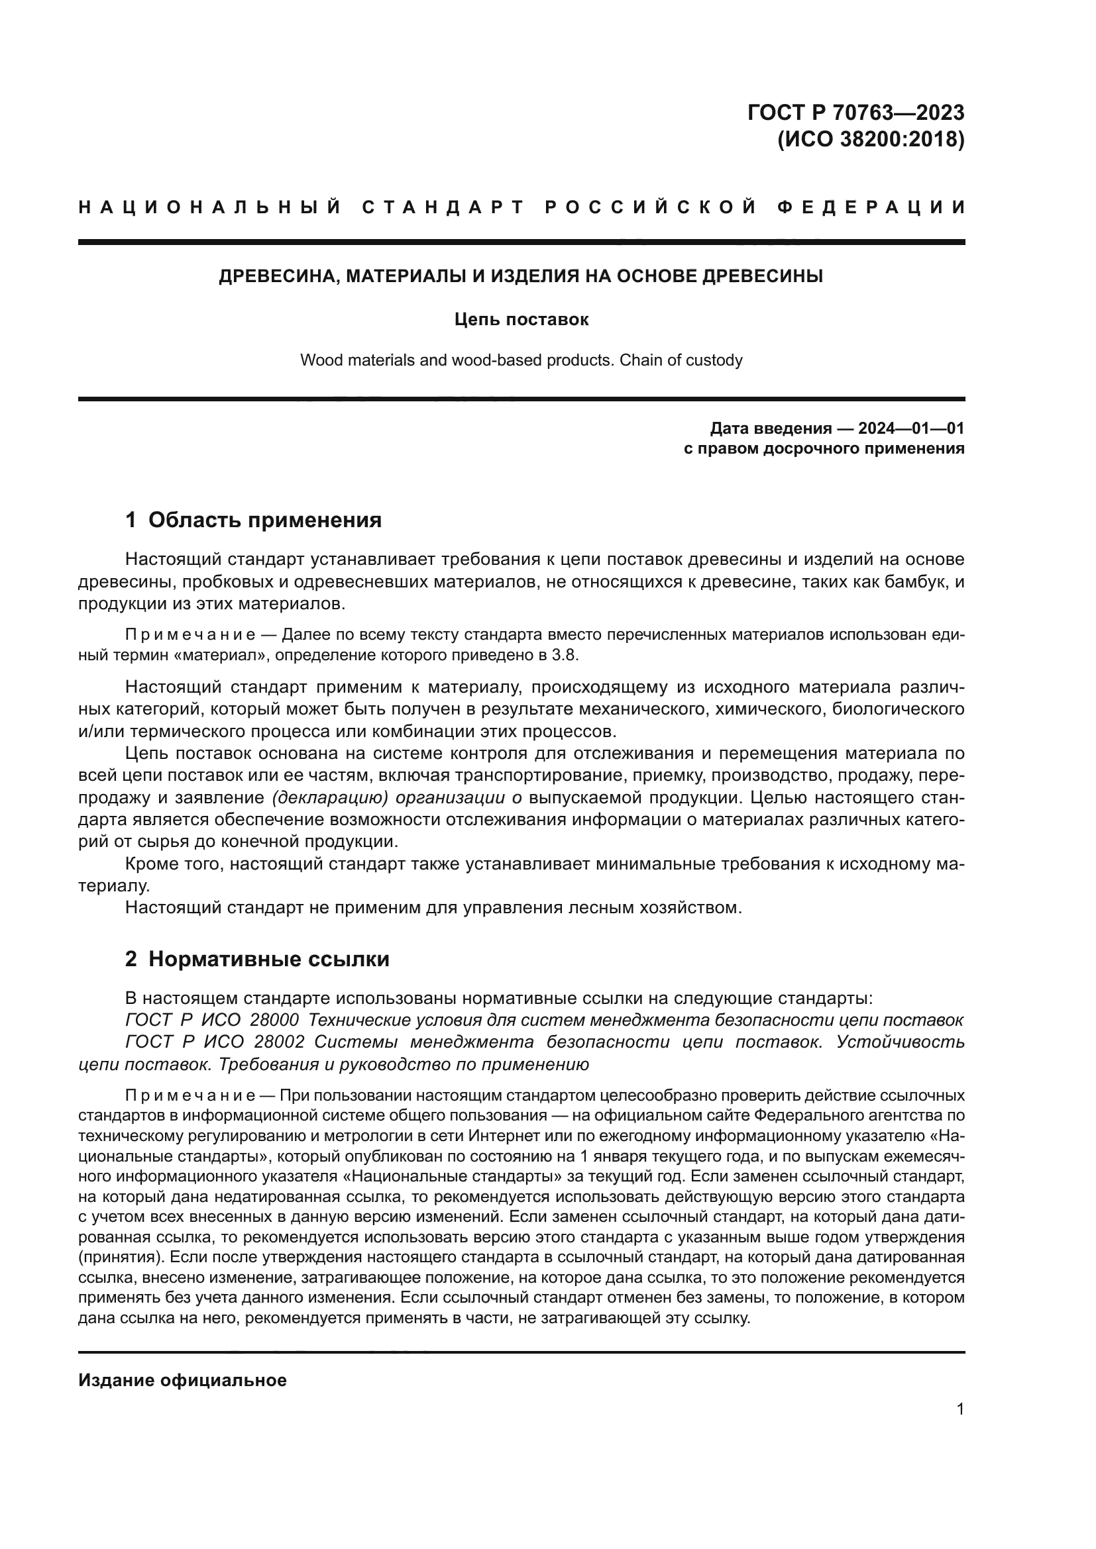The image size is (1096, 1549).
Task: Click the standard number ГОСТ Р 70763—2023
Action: point(855,112)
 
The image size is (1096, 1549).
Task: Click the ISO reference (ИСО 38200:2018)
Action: point(870,140)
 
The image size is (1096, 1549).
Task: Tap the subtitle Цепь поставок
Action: point(521,319)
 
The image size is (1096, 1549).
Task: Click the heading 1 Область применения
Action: point(253,519)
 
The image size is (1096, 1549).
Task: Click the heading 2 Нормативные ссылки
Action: point(257,959)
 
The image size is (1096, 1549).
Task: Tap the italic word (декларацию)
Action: point(329,797)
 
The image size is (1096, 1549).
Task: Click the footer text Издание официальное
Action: point(182,1379)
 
